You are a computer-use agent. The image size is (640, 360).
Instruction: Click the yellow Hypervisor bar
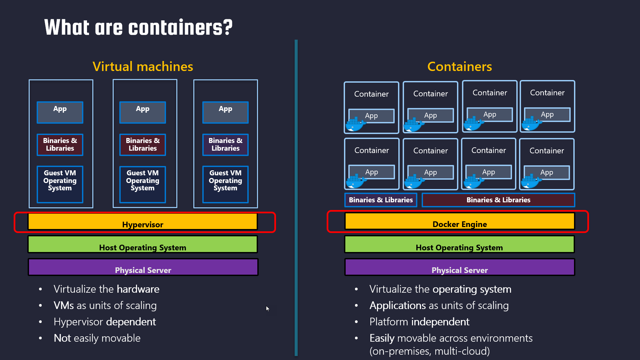click(143, 222)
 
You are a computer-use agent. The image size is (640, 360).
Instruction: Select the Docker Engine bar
click(459, 221)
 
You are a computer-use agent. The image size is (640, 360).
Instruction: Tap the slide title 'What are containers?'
click(138, 27)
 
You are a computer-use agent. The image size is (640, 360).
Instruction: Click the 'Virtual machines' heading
click(143, 66)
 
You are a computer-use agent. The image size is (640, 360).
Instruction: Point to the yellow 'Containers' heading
click(459, 66)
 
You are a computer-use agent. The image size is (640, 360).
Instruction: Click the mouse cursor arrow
click(267, 308)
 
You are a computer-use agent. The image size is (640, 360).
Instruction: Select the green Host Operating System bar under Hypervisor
click(143, 244)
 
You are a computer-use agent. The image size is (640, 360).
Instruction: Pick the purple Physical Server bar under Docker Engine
click(459, 267)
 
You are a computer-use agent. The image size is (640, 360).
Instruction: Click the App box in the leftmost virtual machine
click(60, 112)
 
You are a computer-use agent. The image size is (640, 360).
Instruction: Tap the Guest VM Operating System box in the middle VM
click(143, 184)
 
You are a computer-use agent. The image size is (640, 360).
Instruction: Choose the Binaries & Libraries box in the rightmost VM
click(225, 145)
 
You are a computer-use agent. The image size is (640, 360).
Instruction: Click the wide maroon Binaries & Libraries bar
click(498, 200)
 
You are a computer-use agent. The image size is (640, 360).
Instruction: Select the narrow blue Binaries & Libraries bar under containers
click(381, 200)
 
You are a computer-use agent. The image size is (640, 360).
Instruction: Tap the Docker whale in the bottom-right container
click(531, 182)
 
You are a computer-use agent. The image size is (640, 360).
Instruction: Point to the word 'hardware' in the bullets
click(138, 289)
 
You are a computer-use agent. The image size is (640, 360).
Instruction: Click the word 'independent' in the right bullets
click(440, 322)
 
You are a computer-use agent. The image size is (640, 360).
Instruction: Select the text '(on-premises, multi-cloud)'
click(429, 351)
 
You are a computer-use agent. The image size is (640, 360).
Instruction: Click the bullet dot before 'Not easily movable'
click(40, 338)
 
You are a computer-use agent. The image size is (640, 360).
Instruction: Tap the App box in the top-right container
click(547, 114)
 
